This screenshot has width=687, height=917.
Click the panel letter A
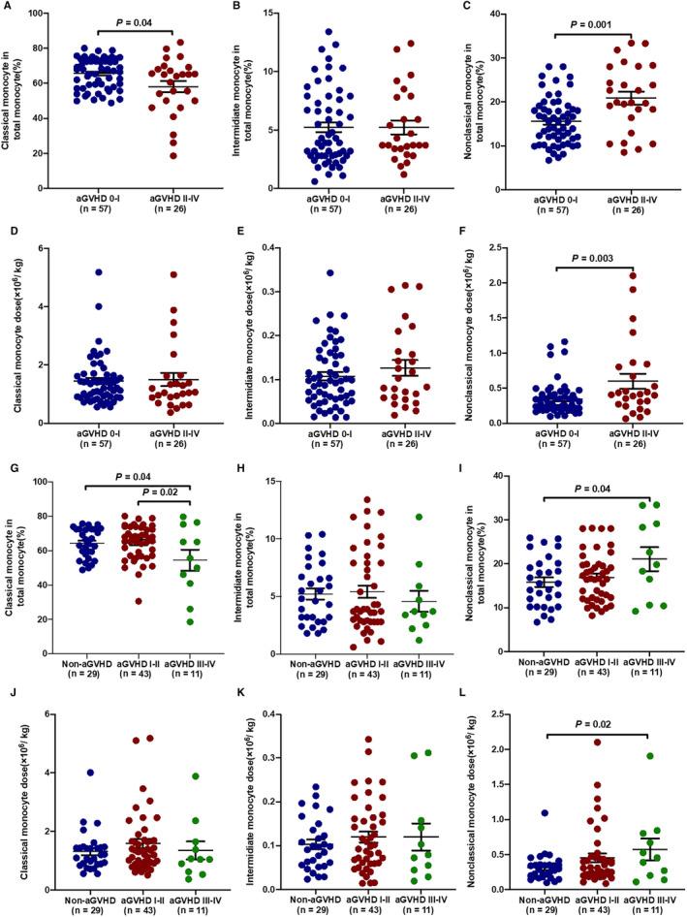9,9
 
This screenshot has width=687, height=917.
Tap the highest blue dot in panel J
73,773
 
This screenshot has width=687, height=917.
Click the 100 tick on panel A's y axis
42,13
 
